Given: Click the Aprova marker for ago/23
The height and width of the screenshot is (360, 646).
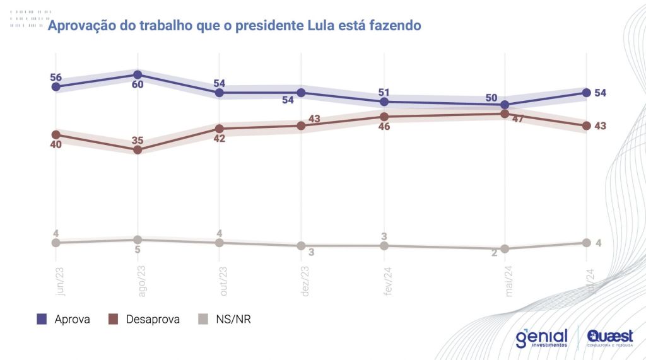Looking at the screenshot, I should pos(138,74).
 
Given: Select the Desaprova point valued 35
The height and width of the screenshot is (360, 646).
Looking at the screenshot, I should pos(138,149).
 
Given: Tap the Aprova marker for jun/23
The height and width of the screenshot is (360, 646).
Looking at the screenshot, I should pos(56,87).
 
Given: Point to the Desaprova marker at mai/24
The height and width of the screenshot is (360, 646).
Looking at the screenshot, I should pos(505,113).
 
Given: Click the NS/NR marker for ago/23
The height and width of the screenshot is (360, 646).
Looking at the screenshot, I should pos(138,240).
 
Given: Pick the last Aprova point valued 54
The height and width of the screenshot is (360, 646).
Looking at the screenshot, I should pos(586,93).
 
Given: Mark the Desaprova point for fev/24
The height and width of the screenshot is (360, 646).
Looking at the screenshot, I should pos(384,117).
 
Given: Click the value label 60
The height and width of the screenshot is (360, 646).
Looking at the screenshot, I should pos(138,84).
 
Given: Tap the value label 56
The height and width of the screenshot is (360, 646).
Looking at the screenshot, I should pos(56,78).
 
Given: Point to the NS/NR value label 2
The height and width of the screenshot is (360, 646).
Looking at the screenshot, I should pos(494,252).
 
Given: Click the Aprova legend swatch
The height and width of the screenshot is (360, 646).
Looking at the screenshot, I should pos(42,320).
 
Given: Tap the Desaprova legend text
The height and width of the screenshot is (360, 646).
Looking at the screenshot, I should pos(153,320).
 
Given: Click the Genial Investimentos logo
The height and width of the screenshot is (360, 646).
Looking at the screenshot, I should pos(541,338).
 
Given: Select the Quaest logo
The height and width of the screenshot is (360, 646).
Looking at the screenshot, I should pos(609,337).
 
